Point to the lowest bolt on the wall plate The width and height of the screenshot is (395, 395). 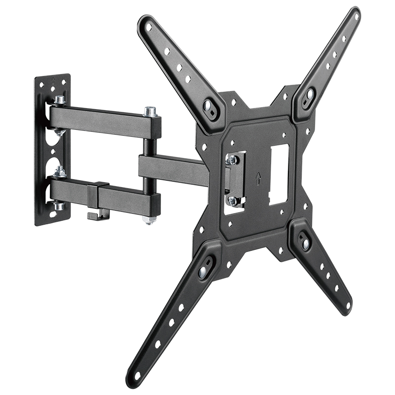click(x=59, y=205)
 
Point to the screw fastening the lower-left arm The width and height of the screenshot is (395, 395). click(x=204, y=270)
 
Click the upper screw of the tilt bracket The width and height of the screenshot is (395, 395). click(x=232, y=159)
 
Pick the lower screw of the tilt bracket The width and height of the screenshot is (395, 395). click(x=232, y=200)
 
